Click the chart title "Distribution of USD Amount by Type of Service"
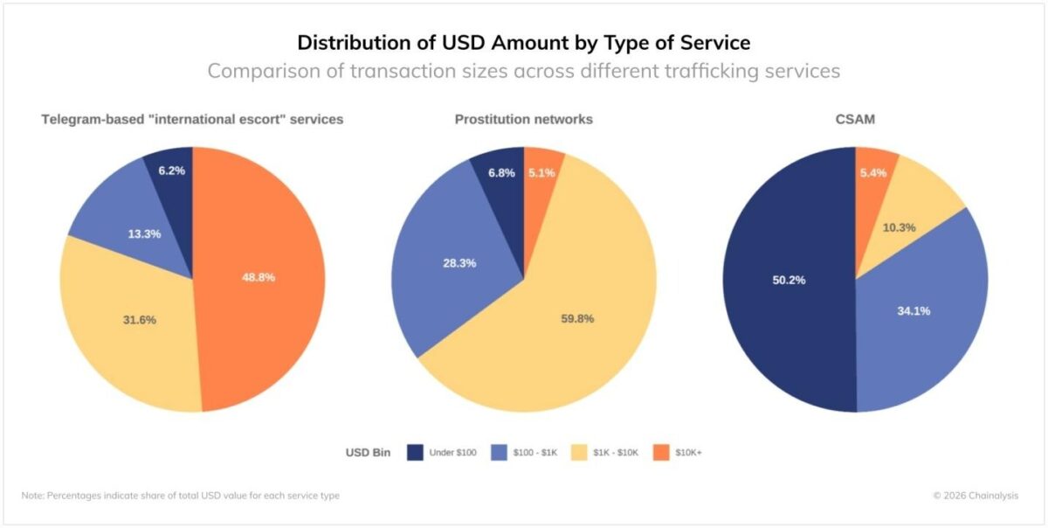point(523,42)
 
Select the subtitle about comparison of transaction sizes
point(523,71)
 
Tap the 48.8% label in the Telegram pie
point(259,276)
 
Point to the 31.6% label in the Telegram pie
point(139,319)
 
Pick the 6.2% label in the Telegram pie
point(171,170)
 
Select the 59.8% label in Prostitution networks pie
point(577,318)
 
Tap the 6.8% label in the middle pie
point(501,173)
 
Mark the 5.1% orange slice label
point(541,173)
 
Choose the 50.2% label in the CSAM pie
point(788,280)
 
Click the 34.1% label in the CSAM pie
point(913,310)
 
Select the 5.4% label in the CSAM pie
point(873,173)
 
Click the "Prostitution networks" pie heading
point(523,119)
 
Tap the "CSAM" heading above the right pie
point(855,119)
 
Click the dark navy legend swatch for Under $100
point(416,452)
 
